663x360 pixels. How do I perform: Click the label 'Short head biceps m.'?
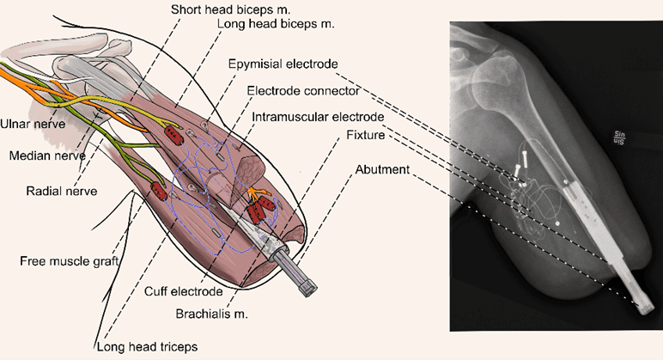[222, 9]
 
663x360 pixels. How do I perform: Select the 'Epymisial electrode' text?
[283, 64]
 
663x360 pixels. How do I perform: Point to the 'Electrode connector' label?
[297, 90]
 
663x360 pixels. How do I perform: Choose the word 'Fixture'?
[364, 136]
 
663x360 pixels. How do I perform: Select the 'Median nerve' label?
[38, 156]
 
